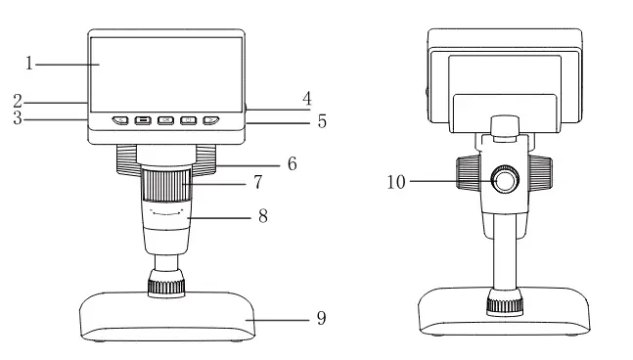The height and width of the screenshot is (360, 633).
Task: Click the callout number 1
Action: (x=28, y=64)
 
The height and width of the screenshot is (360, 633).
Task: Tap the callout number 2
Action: (x=18, y=101)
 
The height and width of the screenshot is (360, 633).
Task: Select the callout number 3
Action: (x=18, y=117)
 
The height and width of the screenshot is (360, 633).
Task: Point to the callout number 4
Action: (x=307, y=99)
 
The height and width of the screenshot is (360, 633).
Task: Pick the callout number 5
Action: (x=322, y=121)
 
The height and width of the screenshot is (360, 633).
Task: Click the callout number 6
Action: (x=293, y=163)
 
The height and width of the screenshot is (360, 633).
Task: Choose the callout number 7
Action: (x=258, y=182)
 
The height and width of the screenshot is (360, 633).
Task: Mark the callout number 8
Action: (x=263, y=216)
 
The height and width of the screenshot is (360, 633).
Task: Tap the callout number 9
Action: (x=321, y=319)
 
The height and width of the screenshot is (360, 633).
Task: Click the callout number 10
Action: (x=396, y=182)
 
